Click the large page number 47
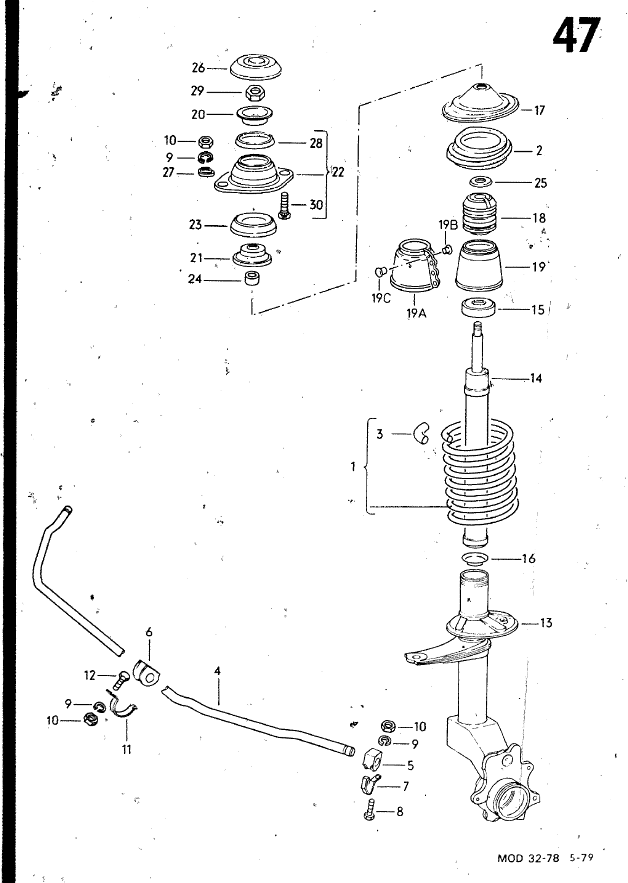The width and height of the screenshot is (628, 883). click(576, 35)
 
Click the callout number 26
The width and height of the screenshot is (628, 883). click(198, 68)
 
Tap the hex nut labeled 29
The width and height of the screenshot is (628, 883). click(254, 93)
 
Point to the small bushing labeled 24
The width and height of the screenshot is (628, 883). click(252, 278)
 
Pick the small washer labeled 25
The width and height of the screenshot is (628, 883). click(480, 182)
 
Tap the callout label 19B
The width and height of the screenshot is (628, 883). click(448, 225)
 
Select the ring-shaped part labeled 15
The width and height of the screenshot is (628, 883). click(478, 307)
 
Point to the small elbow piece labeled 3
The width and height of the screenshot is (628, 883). click(421, 433)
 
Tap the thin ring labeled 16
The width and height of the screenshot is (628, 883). click(475, 558)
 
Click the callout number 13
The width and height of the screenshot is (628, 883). click(545, 623)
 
